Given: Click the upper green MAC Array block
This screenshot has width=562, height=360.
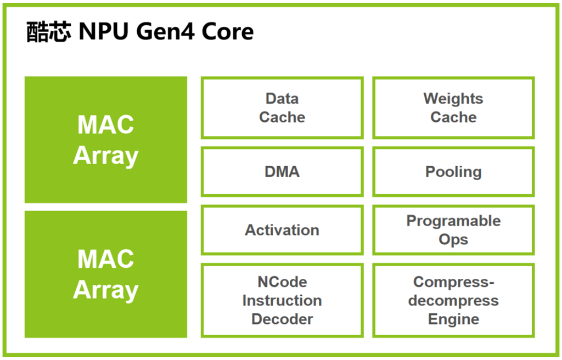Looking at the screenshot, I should (x=105, y=140).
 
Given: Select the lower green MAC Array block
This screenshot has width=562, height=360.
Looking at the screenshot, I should (x=105, y=274).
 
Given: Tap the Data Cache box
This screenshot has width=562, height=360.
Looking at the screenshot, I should (x=282, y=108).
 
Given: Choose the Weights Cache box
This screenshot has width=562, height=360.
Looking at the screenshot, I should (x=453, y=108).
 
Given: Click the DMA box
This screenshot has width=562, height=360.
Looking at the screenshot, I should (x=282, y=172).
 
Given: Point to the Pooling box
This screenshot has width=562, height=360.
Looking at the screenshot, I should (x=453, y=172).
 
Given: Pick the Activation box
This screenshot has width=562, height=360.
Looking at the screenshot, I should (x=282, y=230).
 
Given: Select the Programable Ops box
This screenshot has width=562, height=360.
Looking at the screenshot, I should (x=453, y=230).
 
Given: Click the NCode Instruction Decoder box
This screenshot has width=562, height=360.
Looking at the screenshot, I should (x=282, y=300).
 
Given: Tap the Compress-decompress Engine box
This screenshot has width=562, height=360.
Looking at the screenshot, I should (x=453, y=300).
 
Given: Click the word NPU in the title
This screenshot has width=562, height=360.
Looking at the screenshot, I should (x=103, y=32).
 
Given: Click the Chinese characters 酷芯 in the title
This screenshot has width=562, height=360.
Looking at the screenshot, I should (x=48, y=32).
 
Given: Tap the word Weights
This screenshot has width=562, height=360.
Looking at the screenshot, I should (x=453, y=99).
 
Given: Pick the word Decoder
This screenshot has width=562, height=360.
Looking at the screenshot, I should (x=282, y=319).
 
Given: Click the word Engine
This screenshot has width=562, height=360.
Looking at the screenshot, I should (x=453, y=319).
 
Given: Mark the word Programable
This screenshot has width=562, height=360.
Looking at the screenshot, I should (x=453, y=221).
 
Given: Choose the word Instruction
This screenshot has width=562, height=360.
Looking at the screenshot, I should (x=282, y=301).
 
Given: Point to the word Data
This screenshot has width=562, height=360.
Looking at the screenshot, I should (x=282, y=99).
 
